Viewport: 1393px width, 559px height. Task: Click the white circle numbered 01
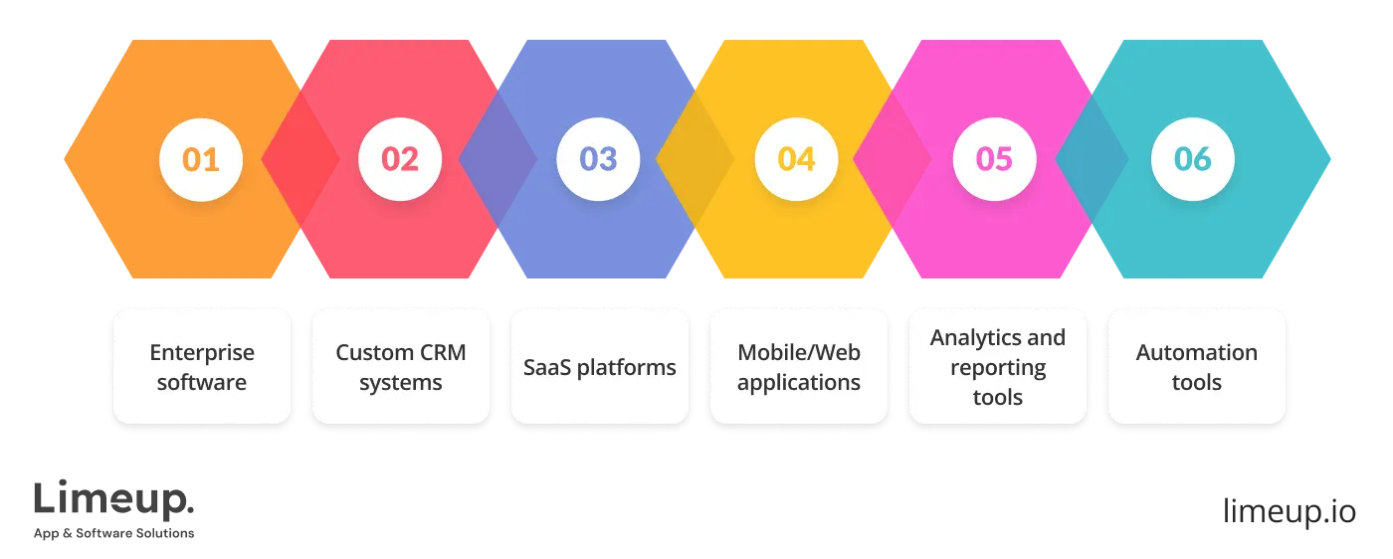201,159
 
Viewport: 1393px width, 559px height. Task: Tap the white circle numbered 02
400,159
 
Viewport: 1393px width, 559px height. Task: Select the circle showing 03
598,159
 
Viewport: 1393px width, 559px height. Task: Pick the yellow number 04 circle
796,159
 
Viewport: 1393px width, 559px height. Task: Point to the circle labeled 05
994,159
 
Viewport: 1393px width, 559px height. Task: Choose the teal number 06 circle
1192,159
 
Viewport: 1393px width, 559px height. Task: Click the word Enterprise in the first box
202,352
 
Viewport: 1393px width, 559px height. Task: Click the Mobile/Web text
799,352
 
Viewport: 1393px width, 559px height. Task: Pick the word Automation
1196,352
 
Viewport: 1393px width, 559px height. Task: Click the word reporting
997,367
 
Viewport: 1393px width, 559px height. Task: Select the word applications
799,382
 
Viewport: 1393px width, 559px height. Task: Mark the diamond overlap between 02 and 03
498,159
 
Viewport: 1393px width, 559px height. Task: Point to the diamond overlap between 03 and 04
696,159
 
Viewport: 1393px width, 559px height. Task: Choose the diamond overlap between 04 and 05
893,159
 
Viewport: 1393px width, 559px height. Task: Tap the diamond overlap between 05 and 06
1092,159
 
